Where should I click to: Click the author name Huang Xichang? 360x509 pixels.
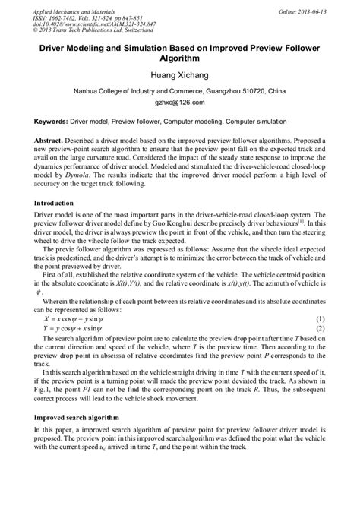coord(180,76)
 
